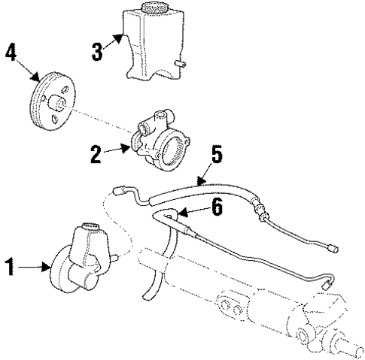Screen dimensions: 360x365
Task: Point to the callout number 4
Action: pyautogui.click(x=11, y=54)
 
